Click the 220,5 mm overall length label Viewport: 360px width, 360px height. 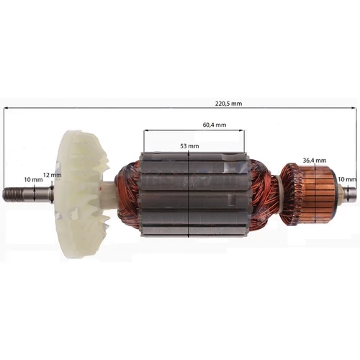tap(228, 104)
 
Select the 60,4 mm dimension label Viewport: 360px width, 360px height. tap(215, 125)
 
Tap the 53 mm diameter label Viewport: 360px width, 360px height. tap(189, 146)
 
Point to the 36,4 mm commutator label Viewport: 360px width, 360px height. tap(315, 161)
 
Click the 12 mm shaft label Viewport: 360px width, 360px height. tap(53, 175)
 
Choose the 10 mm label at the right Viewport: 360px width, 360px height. tap(347, 179)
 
